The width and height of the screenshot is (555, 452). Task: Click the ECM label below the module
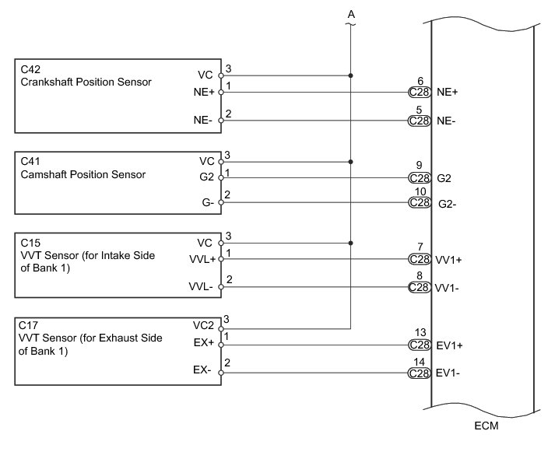coord(485,427)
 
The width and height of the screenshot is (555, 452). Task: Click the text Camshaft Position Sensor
coord(83,174)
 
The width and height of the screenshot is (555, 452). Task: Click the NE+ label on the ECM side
coord(448,93)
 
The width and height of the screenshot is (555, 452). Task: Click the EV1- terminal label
coord(448,373)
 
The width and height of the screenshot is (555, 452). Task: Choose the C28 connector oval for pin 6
coord(420,93)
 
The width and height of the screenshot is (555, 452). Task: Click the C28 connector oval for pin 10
coord(420,203)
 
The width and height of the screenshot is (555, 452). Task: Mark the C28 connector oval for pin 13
coord(420,345)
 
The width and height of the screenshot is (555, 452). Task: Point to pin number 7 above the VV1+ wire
coord(420,247)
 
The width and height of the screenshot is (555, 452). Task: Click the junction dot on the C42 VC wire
coord(351,75)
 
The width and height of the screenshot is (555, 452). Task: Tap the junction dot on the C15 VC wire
coord(351,243)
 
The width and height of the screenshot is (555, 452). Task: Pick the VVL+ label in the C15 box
coord(202,258)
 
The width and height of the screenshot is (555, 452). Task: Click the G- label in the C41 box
coord(207,203)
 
